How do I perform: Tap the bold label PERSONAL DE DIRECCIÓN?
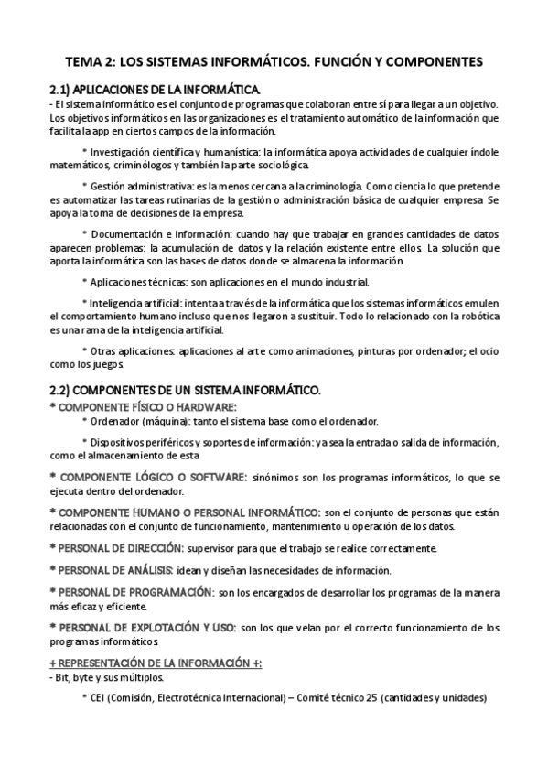(132, 548)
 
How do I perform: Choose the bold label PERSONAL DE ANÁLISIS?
(128, 570)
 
